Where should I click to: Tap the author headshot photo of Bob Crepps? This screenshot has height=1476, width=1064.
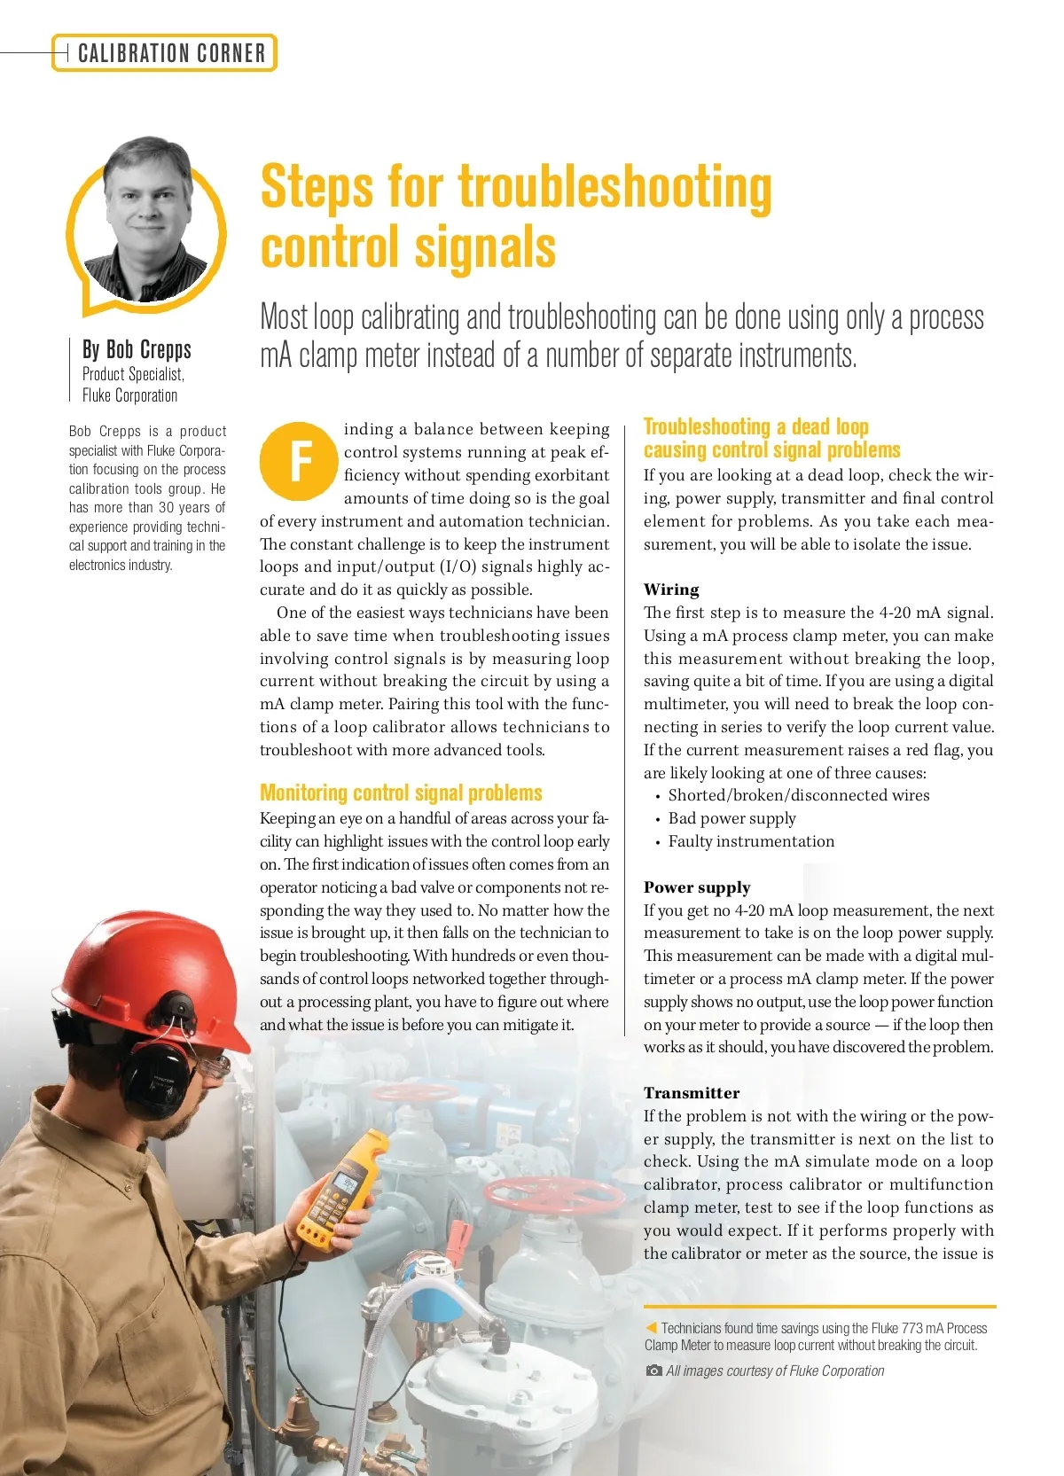[x=146, y=222]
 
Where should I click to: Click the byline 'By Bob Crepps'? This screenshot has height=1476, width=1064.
[x=137, y=349]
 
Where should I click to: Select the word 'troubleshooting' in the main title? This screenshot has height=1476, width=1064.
[x=614, y=188]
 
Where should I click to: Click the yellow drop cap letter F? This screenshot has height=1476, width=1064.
[x=300, y=461]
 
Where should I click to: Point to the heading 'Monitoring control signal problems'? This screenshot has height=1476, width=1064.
[x=401, y=793]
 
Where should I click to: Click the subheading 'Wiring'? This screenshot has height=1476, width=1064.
[x=671, y=590]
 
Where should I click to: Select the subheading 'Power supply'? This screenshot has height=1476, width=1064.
[x=697, y=887]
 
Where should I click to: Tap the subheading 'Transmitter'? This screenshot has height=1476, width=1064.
[x=692, y=1093]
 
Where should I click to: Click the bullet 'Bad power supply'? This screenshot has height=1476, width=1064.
[x=731, y=818]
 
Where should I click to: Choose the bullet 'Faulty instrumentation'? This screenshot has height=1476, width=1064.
[x=751, y=841]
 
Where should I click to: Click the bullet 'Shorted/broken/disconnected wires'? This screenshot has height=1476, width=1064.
[x=798, y=795]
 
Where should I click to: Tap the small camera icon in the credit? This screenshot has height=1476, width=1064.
[x=654, y=1371]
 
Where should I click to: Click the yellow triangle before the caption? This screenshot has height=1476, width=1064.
[x=651, y=1328]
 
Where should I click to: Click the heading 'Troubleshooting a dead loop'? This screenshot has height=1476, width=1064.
[x=755, y=426]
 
